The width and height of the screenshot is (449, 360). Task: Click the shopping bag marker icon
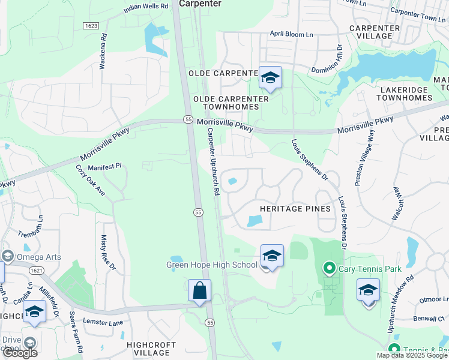click(x=199, y=290)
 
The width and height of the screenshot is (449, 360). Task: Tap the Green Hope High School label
click(x=211, y=265)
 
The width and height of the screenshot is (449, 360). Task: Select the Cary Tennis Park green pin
click(x=328, y=269)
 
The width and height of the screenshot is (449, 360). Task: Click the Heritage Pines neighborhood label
click(x=295, y=209)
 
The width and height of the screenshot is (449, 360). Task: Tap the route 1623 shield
click(x=91, y=26)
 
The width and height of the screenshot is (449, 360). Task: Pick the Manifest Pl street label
click(x=104, y=166)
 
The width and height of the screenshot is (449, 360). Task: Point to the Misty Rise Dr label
click(x=105, y=253)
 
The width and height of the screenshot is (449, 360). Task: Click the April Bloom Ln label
click(x=291, y=35)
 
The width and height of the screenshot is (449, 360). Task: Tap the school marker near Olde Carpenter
click(x=270, y=77)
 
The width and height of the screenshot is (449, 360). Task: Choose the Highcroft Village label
click(x=151, y=349)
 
